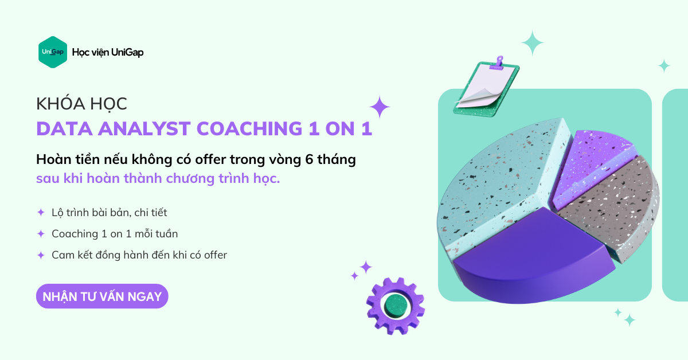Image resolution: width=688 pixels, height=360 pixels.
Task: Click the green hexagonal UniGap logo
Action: click(x=53, y=52)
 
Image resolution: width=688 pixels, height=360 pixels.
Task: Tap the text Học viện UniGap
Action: click(x=108, y=52)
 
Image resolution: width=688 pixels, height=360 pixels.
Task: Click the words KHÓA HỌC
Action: click(x=81, y=104)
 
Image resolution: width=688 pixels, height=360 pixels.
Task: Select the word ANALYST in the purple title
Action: click(x=144, y=128)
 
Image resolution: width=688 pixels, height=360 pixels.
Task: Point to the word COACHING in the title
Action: click(x=249, y=128)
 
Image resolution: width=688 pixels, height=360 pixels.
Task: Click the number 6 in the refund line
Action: click(x=309, y=159)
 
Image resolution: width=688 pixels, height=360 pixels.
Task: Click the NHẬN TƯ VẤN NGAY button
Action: click(x=102, y=296)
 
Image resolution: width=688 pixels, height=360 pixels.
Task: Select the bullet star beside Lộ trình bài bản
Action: click(x=41, y=212)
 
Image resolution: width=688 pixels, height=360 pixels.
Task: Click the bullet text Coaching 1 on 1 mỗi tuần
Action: click(x=115, y=234)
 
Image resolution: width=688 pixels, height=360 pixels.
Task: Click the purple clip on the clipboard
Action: click(x=499, y=62)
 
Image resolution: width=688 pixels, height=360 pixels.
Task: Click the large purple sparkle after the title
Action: click(x=380, y=107)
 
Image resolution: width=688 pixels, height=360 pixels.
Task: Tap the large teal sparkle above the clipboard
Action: click(x=533, y=43)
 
